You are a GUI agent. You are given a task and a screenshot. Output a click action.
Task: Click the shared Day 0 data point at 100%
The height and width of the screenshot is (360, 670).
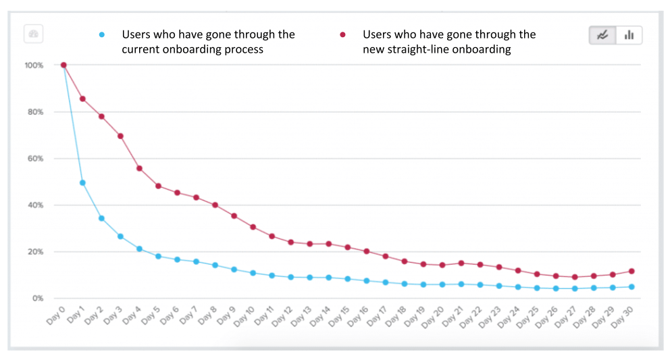click(63, 65)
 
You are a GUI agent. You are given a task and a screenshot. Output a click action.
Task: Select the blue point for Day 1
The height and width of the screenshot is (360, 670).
click(82, 182)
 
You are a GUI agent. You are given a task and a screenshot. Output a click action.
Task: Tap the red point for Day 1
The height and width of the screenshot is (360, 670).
click(82, 99)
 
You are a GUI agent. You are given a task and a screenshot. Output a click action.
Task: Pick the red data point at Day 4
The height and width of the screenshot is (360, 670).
click(139, 168)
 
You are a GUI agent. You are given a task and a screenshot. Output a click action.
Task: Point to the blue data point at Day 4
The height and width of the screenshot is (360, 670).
click(139, 249)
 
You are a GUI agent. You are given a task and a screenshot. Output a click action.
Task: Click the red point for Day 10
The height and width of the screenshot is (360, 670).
click(253, 227)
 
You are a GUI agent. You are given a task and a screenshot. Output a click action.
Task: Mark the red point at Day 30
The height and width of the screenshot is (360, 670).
click(631, 271)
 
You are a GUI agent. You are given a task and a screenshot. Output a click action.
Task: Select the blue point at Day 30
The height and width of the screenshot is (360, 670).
click(631, 286)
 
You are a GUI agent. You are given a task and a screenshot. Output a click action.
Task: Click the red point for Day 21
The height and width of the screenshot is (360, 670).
click(461, 263)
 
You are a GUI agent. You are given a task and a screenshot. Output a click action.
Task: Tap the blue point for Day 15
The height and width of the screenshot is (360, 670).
click(347, 278)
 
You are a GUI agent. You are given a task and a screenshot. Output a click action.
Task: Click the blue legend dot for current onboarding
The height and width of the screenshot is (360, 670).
click(102, 34)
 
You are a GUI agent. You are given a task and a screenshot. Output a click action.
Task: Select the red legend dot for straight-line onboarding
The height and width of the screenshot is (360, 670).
click(343, 34)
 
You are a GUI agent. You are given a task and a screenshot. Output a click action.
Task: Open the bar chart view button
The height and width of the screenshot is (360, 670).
click(629, 35)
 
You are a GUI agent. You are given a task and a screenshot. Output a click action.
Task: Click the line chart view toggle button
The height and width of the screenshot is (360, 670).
click(602, 35)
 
